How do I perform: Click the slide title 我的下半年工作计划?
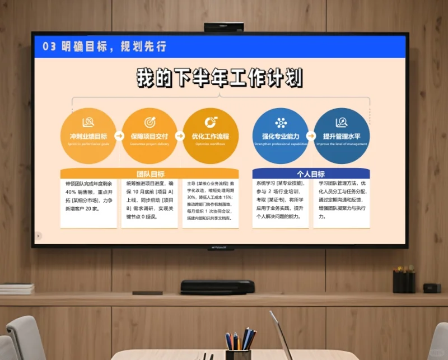(x=220, y=78)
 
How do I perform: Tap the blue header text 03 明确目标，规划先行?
(x=105, y=46)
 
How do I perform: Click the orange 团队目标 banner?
(x=150, y=174)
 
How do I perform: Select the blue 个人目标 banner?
(x=311, y=174)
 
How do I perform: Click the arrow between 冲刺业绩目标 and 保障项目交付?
(x=119, y=136)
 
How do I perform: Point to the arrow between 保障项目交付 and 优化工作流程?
(x=180, y=136)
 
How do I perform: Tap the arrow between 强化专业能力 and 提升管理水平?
(x=311, y=136)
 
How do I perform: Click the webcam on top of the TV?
(x=223, y=27)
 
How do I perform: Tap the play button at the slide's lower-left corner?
(x=38, y=236)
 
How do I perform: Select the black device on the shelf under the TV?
(x=217, y=287)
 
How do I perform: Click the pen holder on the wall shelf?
(x=404, y=280)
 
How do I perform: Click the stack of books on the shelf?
(x=16, y=288)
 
